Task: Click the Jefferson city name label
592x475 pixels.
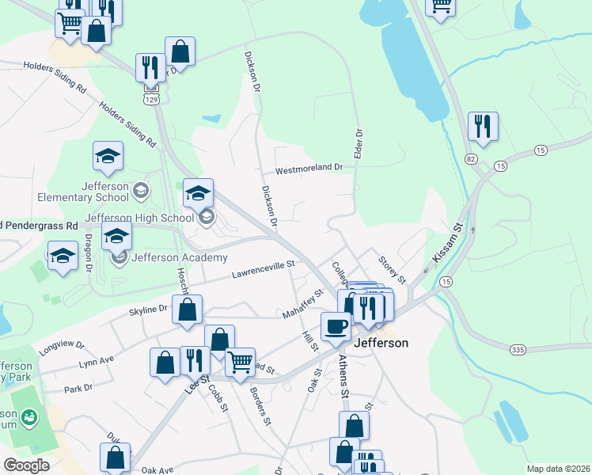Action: click(x=381, y=343)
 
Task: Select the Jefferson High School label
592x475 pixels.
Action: click(x=139, y=218)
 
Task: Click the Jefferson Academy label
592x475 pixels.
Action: click(x=180, y=257)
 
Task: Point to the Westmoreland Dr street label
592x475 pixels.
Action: click(x=309, y=169)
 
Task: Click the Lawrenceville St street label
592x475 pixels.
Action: click(x=263, y=269)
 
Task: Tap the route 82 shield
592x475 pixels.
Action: click(x=472, y=159)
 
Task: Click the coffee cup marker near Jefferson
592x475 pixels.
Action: click(x=336, y=325)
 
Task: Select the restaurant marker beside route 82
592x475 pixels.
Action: click(x=482, y=125)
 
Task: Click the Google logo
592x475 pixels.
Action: click(x=26, y=465)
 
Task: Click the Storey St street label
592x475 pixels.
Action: click(x=392, y=270)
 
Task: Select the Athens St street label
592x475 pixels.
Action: click(x=343, y=375)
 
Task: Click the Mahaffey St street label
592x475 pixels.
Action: click(x=304, y=304)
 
